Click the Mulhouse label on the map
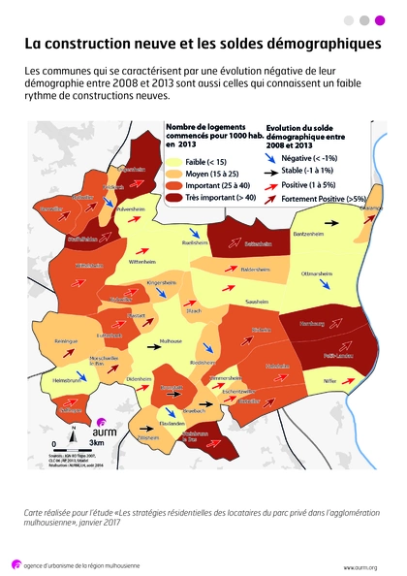(x=172, y=341)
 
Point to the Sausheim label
(x=257, y=302)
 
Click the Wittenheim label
(x=141, y=262)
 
